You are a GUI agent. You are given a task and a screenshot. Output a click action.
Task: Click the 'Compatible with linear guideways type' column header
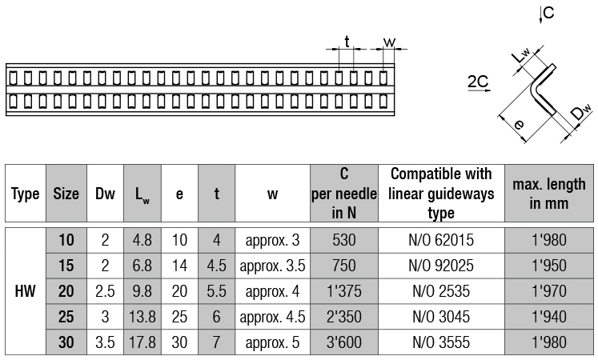pos(441,193)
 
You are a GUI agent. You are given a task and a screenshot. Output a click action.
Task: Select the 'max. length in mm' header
pos(549,193)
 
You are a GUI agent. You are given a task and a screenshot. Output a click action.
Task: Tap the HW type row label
pos(25,291)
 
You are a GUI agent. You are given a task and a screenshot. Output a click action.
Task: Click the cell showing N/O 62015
pos(441,240)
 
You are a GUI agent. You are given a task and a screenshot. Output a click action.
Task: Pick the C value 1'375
pos(344,291)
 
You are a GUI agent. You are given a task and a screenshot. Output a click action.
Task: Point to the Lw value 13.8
pos(142,317)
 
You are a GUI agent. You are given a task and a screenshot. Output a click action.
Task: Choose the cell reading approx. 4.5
pos(272,317)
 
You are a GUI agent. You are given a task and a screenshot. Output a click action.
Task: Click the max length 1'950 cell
pos(549,266)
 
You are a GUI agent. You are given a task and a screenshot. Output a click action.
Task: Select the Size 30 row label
pos(66,342)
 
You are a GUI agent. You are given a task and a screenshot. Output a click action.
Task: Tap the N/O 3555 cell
pos(441,342)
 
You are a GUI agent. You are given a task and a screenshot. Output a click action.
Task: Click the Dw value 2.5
pos(105,291)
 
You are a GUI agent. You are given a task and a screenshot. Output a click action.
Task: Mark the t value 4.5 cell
pos(217,266)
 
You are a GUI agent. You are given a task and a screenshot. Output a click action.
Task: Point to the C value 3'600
pos(344,342)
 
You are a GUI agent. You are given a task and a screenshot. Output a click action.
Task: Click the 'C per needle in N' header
pos(344,193)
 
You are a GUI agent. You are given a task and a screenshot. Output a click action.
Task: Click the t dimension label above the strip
pos(347,42)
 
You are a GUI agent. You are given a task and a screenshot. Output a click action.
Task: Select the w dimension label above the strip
pos(389,42)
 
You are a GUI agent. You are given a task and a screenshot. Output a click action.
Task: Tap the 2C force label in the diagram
pos(478,82)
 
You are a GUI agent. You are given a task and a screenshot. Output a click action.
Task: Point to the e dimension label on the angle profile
pos(519,124)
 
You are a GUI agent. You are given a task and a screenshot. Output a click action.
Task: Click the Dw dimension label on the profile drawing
pos(581,112)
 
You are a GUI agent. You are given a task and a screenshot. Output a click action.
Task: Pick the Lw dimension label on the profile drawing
pos(520,55)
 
